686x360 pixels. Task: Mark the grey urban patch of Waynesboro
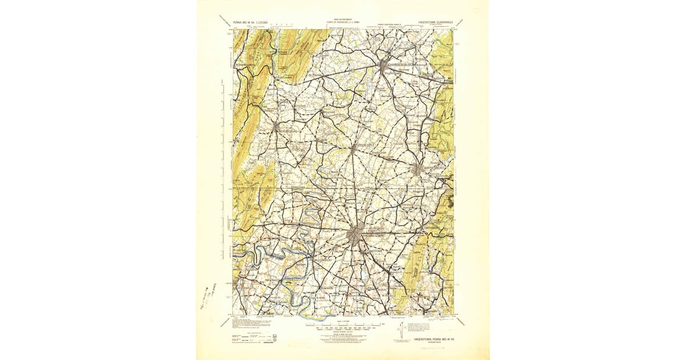(420, 169)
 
